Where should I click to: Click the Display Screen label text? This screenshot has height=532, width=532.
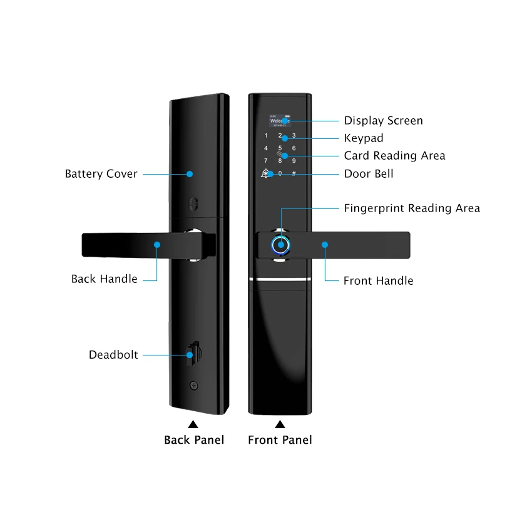[383, 121]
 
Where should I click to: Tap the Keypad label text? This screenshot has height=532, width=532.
[364, 138]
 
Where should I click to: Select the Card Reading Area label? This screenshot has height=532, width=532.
[394, 156]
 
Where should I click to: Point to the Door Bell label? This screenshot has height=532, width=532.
[369, 173]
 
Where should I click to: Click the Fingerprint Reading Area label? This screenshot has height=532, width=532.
[412, 208]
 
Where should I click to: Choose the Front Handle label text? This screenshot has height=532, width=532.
[378, 281]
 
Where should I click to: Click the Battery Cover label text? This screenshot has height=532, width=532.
[101, 174]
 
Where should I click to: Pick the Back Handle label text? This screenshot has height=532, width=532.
[104, 279]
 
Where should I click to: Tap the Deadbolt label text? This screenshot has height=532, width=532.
[113, 356]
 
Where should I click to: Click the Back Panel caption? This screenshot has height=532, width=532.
[194, 440]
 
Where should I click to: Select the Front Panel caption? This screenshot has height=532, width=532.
[280, 440]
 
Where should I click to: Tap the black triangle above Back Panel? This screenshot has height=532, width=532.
[193, 424]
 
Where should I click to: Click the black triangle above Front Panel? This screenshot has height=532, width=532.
[280, 424]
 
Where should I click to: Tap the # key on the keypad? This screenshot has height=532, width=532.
[294, 173]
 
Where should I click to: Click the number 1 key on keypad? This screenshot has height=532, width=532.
[266, 136]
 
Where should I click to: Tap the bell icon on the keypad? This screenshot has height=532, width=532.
[266, 173]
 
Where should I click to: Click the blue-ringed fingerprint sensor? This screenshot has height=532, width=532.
[280, 245]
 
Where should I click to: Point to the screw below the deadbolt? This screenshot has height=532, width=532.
[193, 386]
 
